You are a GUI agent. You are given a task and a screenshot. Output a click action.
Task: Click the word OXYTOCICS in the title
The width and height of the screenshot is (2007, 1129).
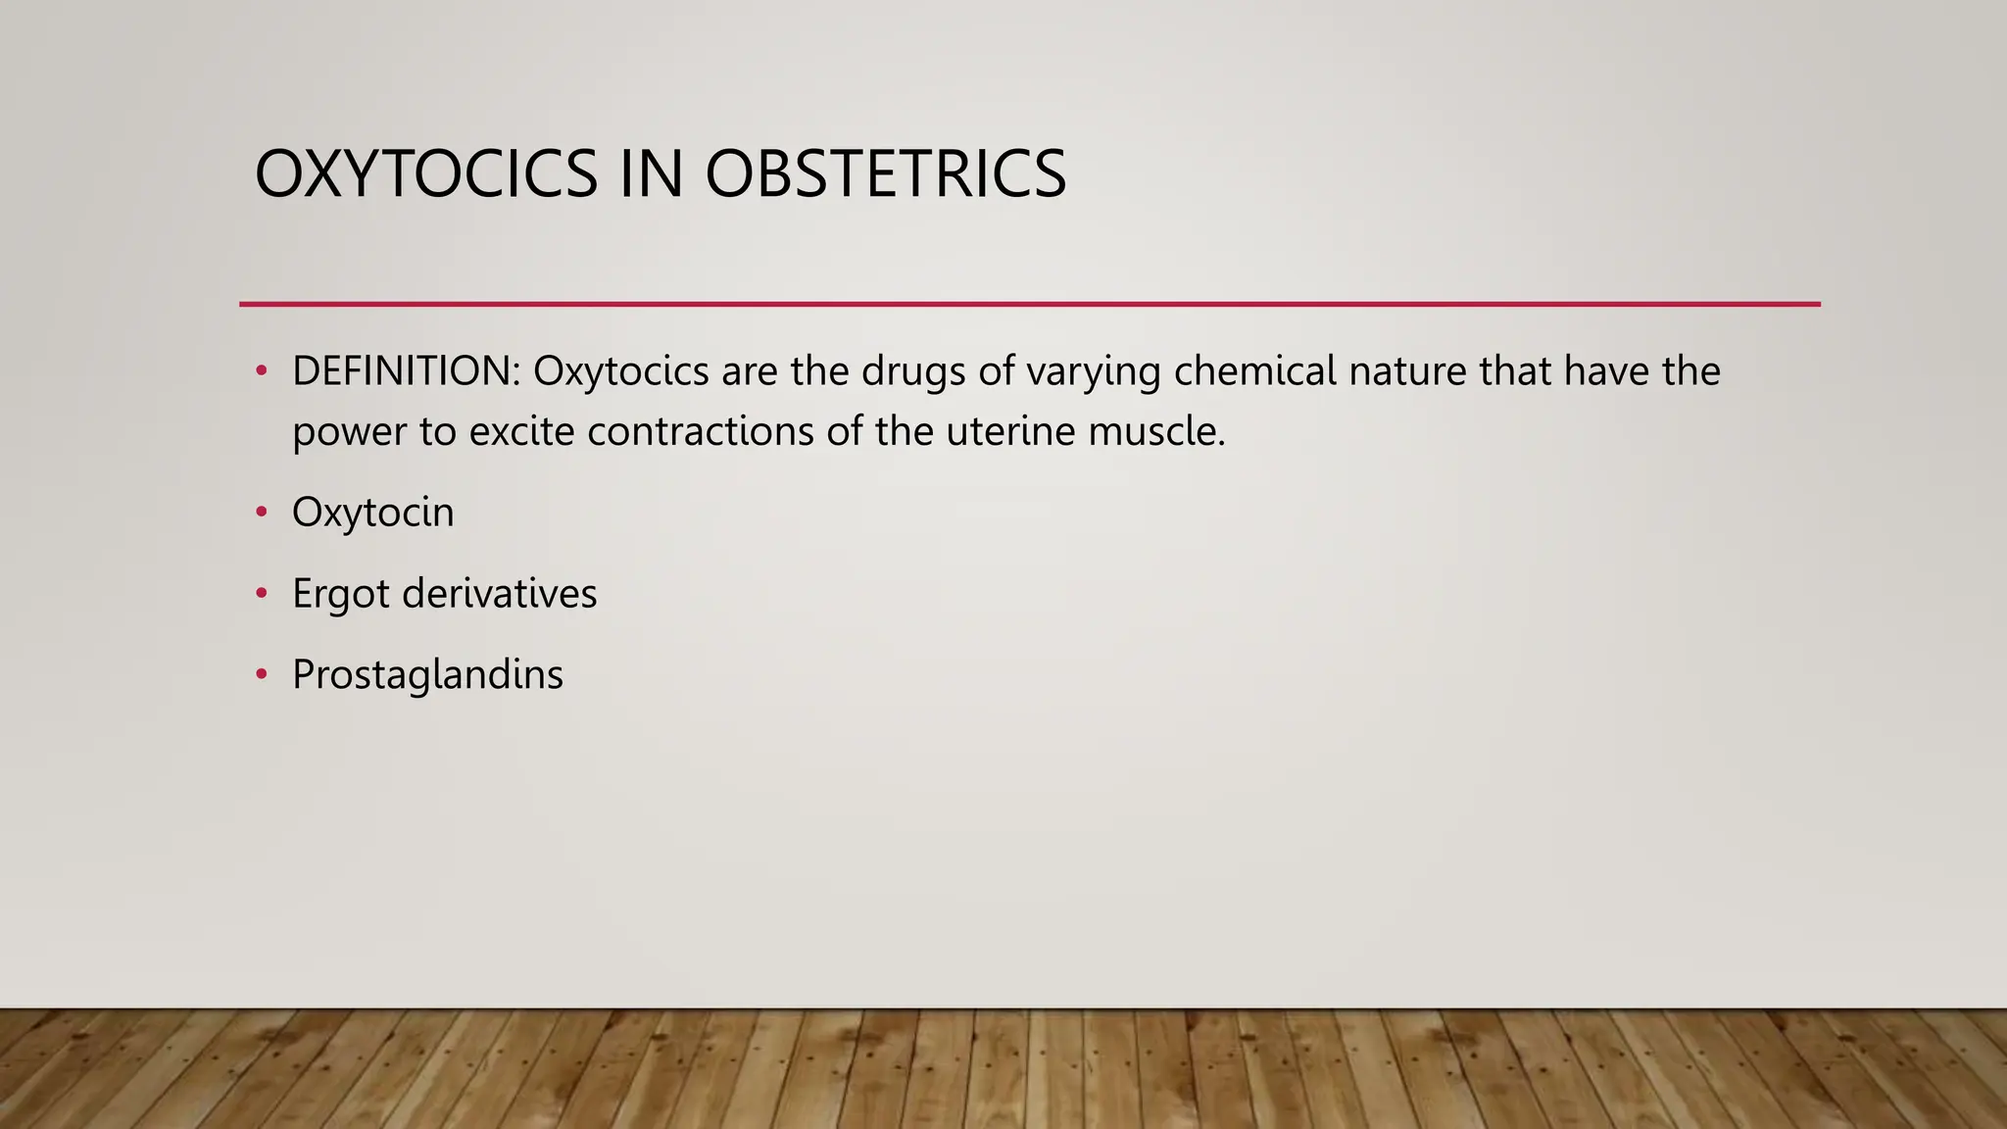425,174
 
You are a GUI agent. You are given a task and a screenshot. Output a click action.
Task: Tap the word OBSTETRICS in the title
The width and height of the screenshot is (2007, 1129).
885,174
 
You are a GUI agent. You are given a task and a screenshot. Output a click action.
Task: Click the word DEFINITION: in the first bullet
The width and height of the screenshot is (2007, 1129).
406,371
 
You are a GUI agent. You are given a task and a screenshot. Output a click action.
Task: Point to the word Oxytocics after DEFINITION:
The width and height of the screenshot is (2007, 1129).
621,371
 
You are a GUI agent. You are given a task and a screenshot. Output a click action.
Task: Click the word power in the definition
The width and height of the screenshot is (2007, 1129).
349,432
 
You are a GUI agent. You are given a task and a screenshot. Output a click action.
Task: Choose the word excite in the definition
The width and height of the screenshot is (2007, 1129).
521,431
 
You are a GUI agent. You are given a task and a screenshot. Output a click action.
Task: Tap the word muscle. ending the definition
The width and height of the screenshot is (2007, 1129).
1156,431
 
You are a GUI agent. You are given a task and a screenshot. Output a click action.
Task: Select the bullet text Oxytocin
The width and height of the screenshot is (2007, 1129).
373,513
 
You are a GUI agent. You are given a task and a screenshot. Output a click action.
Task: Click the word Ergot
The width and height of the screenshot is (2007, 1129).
340,594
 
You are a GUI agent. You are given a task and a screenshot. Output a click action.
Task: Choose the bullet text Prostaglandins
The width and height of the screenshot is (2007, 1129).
427,675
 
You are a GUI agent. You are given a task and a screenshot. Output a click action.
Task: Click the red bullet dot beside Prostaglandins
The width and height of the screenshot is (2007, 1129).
261,674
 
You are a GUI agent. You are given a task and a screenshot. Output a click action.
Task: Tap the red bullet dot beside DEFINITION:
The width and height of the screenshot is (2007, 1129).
261,371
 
